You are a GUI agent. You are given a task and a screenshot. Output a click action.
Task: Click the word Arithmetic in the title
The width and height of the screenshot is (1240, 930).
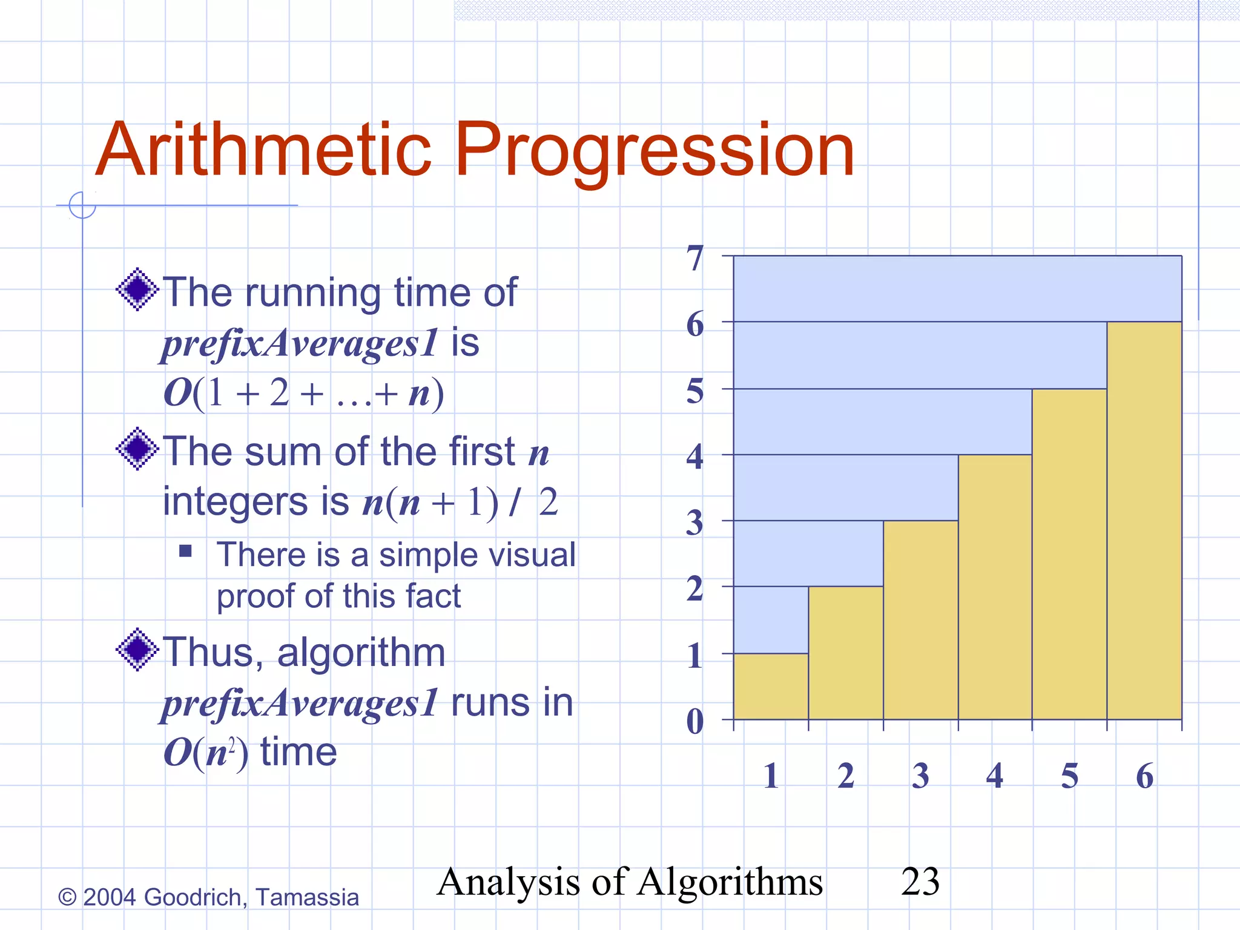pos(264,150)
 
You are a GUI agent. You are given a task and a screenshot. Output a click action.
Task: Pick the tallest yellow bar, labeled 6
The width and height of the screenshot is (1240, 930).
pos(1144,520)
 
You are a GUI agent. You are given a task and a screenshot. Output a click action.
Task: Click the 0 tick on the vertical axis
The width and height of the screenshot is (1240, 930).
pos(696,721)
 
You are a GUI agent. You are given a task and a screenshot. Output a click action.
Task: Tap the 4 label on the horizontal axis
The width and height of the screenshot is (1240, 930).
pos(995,776)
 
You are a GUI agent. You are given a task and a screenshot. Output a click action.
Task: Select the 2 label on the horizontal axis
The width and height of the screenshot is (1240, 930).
pos(846,776)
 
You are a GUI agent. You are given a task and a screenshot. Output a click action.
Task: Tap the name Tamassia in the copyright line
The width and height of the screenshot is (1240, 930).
pos(307,897)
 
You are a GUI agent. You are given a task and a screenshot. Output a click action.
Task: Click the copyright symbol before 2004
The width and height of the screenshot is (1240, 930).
pos(67,897)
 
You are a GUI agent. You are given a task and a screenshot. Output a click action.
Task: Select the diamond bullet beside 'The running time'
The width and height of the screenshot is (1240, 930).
pos(137,289)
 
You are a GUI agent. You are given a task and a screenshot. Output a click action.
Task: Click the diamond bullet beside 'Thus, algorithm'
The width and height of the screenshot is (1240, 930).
pos(137,649)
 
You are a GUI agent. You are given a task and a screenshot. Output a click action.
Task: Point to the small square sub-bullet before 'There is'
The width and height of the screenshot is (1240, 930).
pos(185,551)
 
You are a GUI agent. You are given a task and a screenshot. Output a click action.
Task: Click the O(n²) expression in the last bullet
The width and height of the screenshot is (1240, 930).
pos(206,753)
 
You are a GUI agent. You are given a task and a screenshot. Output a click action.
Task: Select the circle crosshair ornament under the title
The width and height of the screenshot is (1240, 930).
pos(82,205)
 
